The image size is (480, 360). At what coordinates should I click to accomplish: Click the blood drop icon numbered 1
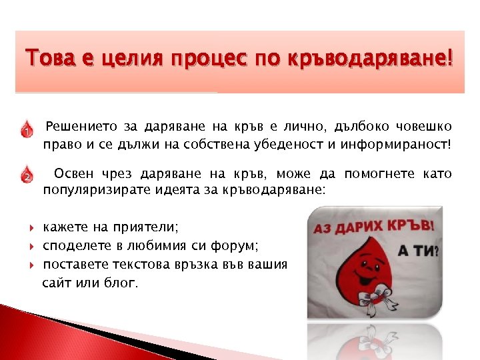pos(26,129)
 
